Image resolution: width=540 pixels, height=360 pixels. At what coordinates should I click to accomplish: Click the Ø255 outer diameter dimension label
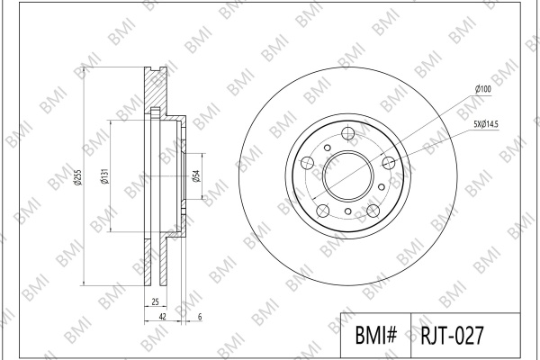[x=78, y=176]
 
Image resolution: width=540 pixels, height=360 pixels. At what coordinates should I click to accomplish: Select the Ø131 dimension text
[x=104, y=176]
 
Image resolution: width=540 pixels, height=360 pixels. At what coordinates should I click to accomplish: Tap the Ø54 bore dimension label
[x=196, y=176]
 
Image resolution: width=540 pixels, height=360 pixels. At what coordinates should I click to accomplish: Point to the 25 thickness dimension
[x=156, y=301]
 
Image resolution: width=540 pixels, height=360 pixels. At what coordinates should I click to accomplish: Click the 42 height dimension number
[x=163, y=316]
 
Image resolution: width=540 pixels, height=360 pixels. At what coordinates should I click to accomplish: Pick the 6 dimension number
[x=200, y=317]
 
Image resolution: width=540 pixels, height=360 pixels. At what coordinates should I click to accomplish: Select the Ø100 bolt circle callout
[x=483, y=89]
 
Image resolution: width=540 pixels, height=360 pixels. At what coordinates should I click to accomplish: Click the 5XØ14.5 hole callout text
[x=486, y=124]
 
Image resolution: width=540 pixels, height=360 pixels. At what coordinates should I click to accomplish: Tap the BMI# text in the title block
[x=376, y=335]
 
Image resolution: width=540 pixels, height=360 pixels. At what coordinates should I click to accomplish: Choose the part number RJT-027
[x=453, y=335]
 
